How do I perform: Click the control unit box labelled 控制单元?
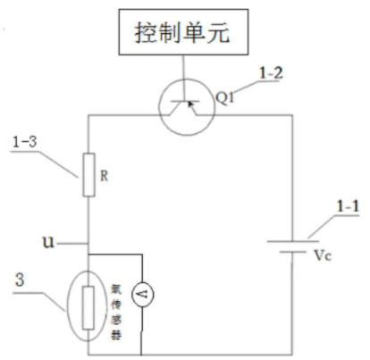pyautogui.click(x=183, y=32)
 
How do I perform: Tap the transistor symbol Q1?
pyautogui.click(x=187, y=107)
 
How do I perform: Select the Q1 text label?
pyautogui.click(x=225, y=97)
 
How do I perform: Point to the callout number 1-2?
pyautogui.click(x=271, y=73)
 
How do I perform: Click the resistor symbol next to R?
pyautogui.click(x=88, y=175)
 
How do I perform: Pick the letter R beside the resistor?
pyautogui.click(x=104, y=176)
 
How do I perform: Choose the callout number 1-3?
pyautogui.click(x=24, y=142)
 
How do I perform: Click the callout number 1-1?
pyautogui.click(x=348, y=206)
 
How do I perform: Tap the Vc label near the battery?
pyautogui.click(x=323, y=256)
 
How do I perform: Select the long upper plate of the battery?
pyautogui.click(x=293, y=241)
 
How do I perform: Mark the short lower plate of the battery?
pyautogui.click(x=292, y=252)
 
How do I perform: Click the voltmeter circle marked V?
pyautogui.click(x=143, y=295)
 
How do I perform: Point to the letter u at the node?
pyautogui.click(x=48, y=242)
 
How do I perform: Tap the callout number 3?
pyautogui.click(x=20, y=280)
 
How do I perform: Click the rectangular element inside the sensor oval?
pyautogui.click(x=88, y=307)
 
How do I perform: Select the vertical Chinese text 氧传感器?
pyautogui.click(x=115, y=312)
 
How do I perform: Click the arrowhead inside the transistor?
pyautogui.click(x=190, y=104)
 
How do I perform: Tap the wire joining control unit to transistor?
pyautogui.click(x=183, y=78)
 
